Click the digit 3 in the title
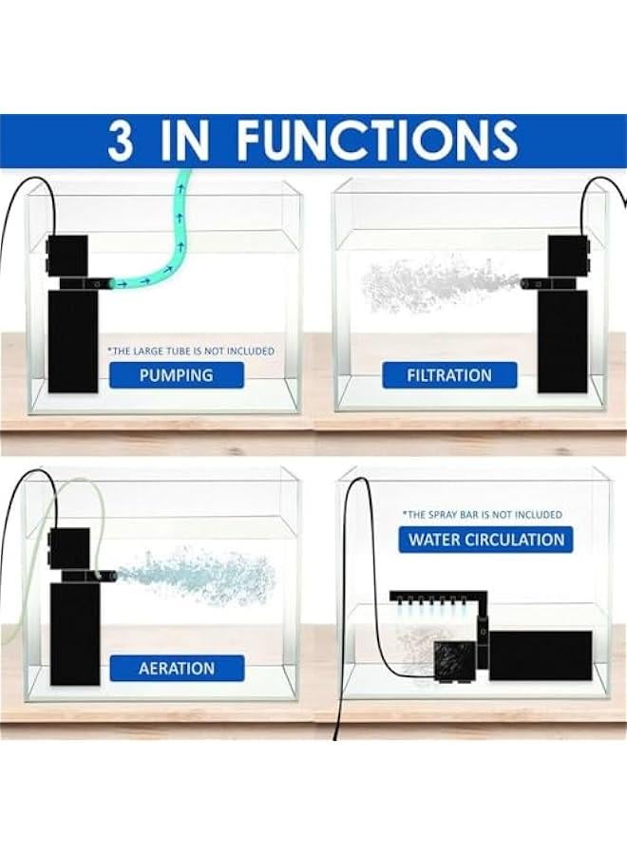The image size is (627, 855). pos(121,142)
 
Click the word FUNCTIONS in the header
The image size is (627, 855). pos(377,142)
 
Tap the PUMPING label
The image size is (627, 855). pos(176,374)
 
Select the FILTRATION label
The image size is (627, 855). pos(449,374)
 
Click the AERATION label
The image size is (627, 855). pos(177,668)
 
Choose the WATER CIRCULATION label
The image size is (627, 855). pos(486,540)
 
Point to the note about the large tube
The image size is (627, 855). pos(191,351)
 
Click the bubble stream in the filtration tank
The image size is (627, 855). pos(437,285)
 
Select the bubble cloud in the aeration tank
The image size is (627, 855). pos(199,575)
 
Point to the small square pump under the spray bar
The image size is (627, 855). pos(450,657)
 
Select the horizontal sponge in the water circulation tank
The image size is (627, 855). pos(540,655)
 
